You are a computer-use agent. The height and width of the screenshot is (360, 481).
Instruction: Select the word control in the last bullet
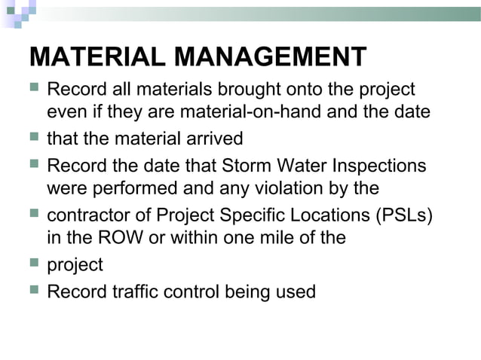pos(198,291)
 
